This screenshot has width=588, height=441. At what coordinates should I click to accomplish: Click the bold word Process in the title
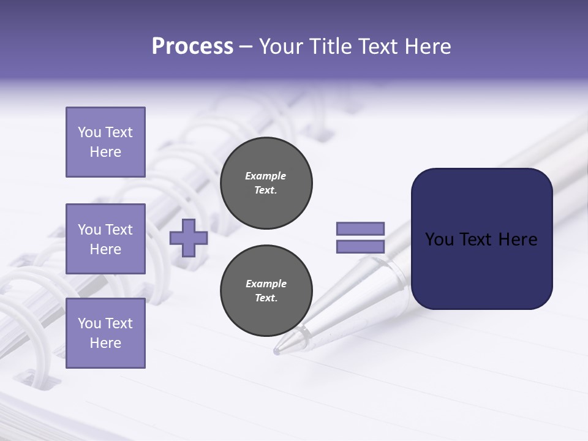coord(192,47)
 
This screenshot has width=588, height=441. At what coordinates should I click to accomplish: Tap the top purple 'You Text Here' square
coord(105,142)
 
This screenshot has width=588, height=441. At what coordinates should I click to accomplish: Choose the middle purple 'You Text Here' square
coord(105,239)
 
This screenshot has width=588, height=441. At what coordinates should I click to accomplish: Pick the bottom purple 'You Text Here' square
coord(105,333)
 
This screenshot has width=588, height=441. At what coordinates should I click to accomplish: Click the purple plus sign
coord(189,238)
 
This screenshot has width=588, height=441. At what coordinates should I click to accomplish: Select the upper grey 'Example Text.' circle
coord(266,183)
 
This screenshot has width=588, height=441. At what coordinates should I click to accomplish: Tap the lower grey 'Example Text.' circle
coord(266,291)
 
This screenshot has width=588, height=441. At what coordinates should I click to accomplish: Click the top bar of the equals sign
coord(361,228)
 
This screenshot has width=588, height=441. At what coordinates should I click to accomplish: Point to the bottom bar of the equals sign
coord(361,247)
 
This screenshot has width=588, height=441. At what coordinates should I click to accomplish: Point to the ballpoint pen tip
coord(277,351)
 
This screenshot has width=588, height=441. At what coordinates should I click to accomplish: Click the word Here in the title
coord(428,47)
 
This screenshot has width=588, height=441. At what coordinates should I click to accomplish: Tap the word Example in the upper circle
coord(266,176)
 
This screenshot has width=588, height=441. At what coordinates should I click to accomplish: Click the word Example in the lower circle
coord(266,284)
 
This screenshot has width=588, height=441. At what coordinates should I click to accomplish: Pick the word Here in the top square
coord(105,152)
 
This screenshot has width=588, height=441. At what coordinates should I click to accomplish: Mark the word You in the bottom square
coord(89,323)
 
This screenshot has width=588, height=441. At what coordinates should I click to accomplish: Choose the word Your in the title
coord(281,47)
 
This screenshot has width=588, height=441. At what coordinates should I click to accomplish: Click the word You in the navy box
coord(440,239)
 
